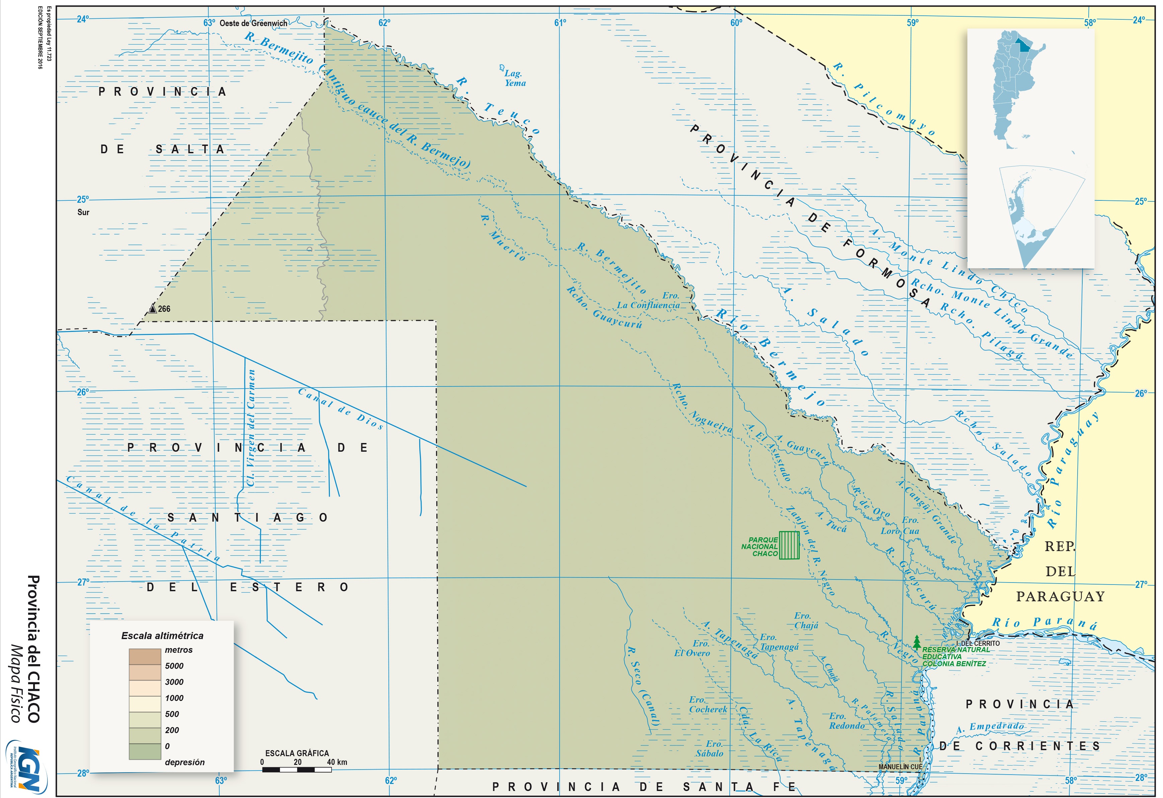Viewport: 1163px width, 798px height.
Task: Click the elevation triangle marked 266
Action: (153, 308)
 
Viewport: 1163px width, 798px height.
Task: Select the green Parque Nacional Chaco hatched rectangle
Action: (789, 545)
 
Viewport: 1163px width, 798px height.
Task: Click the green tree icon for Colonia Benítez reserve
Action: (916, 642)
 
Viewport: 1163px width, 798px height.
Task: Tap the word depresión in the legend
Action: (185, 762)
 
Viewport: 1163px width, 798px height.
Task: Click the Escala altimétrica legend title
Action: (162, 635)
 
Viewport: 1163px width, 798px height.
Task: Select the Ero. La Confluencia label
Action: (649, 300)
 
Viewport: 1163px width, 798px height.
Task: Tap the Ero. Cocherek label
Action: (708, 705)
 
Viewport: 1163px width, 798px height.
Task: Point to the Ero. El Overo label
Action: (692, 648)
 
